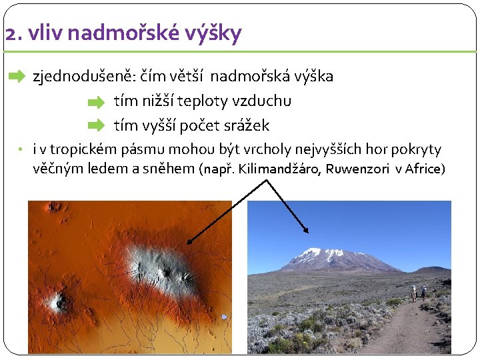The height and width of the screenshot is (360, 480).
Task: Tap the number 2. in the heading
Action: click(13, 33)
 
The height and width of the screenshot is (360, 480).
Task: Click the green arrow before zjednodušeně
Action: click(16, 77)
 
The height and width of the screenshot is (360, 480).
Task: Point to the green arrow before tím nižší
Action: click(97, 102)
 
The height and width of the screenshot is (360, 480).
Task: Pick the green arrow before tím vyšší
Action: click(97, 125)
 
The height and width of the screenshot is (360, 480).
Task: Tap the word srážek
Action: click(246, 125)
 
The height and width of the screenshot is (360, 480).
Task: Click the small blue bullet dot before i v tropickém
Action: click(21, 149)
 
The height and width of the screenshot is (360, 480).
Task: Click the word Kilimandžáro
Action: click(279, 169)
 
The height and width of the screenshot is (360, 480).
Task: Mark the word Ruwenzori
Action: click(359, 169)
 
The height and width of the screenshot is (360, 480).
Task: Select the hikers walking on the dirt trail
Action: click(418, 294)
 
